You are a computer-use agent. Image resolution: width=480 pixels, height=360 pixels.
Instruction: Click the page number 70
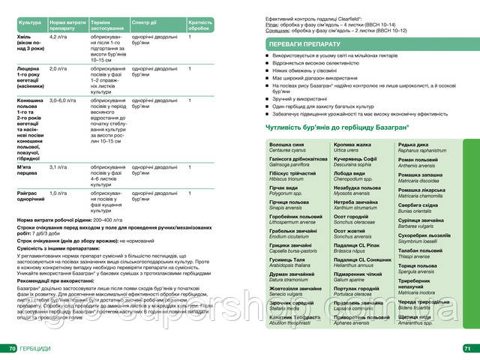pos(12,349)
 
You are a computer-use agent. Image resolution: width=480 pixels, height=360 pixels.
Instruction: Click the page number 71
pos(466,349)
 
